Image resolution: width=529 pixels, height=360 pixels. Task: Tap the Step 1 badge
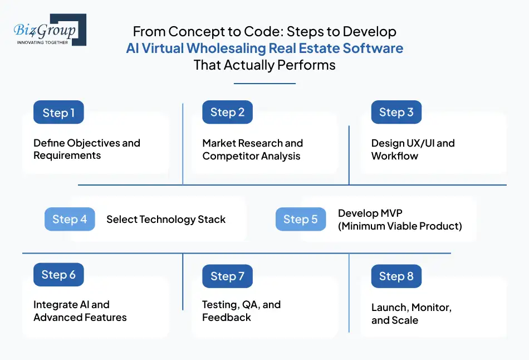(58, 113)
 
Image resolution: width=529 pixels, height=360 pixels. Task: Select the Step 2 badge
(227, 113)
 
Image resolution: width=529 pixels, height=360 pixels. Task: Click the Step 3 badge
(396, 113)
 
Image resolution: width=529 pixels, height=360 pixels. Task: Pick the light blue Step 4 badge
(70, 219)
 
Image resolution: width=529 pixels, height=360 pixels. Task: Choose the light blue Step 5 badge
(300, 219)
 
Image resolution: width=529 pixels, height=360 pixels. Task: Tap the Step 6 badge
(58, 275)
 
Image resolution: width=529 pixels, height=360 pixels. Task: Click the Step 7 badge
(227, 276)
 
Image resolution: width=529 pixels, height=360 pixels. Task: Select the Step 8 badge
(396, 276)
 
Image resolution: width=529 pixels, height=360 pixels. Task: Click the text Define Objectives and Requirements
(86, 149)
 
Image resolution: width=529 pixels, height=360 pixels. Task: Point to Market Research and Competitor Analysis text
(252, 149)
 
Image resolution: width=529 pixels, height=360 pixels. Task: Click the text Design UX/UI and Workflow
(413, 149)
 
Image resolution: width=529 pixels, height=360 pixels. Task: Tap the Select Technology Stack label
(166, 219)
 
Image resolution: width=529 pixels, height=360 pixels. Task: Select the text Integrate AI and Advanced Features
(80, 311)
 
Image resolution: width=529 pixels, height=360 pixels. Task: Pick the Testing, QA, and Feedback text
(241, 311)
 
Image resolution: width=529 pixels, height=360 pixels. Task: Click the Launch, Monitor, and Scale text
(411, 314)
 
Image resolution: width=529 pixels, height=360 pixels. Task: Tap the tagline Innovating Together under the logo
(42, 42)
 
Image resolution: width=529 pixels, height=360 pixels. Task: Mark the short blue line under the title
(264, 84)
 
